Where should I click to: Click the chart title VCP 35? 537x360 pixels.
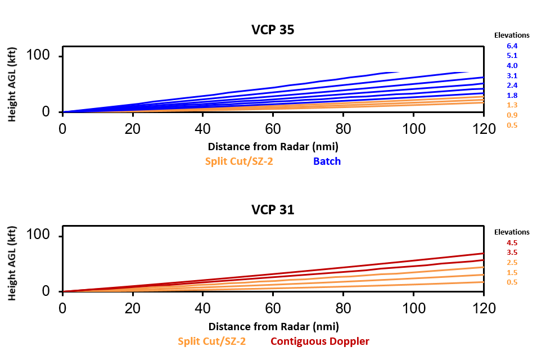tap(273, 30)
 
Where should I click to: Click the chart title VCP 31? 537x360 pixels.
tap(273, 210)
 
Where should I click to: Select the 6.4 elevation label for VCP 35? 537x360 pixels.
tap(512, 46)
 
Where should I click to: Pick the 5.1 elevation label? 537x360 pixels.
tap(512, 56)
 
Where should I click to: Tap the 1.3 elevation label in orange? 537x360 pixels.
tap(512, 105)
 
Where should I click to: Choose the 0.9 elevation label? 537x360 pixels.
tap(512, 115)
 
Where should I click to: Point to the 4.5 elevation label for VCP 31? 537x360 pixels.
tap(512, 242)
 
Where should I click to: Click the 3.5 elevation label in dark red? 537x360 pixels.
tap(512, 253)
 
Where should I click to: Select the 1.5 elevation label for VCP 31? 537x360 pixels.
tap(512, 272)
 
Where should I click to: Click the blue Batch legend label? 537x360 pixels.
tap(327, 161)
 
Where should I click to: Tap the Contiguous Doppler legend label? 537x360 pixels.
tap(320, 341)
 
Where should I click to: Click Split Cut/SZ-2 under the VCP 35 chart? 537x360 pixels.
tap(240, 161)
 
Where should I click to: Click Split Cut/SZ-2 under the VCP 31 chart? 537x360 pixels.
tap(212, 341)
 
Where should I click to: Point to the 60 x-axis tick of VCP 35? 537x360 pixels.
tap(273, 129)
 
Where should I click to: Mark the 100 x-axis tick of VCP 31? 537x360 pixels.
tap(413, 308)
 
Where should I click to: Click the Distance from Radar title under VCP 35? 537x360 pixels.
tap(273, 147)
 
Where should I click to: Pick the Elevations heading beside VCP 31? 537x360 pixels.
tap(512, 232)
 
